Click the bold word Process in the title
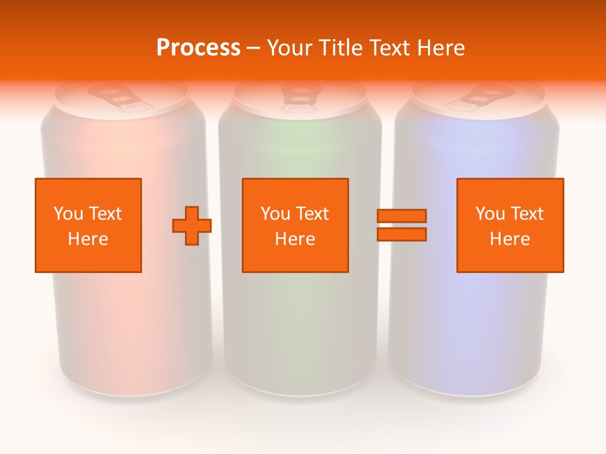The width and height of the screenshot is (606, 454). coord(198,48)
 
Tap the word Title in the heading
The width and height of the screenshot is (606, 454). coord(338,48)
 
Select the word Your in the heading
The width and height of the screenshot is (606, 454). coord(289,48)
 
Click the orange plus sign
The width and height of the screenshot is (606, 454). coord(192,226)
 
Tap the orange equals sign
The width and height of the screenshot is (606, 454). coord(401,225)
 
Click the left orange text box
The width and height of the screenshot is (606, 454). coord(88,225)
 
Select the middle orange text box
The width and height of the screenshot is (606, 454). coord(295,225)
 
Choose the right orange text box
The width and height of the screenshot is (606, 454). coord(509,225)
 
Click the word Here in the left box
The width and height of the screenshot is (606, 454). coord(88,239)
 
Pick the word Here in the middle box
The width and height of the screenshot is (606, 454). coord(295,239)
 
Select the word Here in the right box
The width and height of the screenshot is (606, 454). coord(509,239)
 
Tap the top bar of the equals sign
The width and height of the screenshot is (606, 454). coord(401,216)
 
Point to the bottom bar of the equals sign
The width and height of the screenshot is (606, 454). coord(401,235)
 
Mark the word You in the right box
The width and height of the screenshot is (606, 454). coord(490,214)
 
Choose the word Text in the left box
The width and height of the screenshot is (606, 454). coord(104,214)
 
